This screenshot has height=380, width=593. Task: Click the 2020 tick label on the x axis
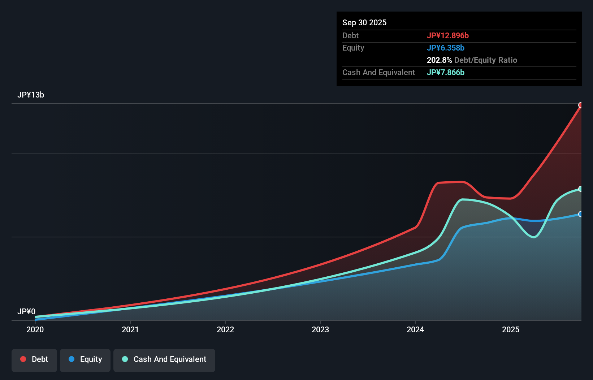click(35, 329)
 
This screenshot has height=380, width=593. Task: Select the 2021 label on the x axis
click(130, 329)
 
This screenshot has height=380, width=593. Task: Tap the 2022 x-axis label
click(225, 329)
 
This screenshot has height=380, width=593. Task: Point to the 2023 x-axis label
click(320, 329)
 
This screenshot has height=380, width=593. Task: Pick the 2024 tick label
click(415, 329)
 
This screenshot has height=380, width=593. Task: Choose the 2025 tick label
click(511, 329)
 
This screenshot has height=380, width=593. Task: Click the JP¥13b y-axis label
click(31, 95)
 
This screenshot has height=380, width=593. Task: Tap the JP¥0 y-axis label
click(26, 311)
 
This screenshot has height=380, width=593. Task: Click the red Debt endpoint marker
click(581, 105)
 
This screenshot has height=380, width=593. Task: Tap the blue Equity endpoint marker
click(581, 214)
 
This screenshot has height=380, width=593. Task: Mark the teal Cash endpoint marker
click(581, 189)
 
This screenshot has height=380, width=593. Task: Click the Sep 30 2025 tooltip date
click(364, 22)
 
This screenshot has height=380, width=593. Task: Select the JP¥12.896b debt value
click(448, 35)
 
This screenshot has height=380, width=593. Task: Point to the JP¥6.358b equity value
click(446, 48)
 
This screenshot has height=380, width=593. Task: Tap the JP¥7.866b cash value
click(446, 72)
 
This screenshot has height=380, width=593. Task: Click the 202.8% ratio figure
click(439, 60)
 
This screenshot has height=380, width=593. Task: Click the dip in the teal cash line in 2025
click(534, 237)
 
